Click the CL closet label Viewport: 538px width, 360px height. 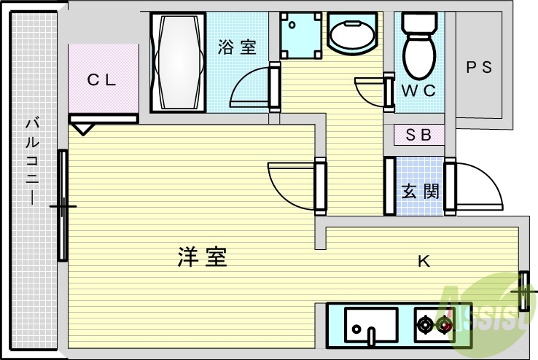(102, 81)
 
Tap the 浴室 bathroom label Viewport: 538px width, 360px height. (237, 47)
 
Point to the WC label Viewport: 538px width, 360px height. (418, 91)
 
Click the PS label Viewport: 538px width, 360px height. (479, 67)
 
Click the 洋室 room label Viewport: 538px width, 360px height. (202, 257)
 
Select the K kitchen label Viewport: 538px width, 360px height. (423, 261)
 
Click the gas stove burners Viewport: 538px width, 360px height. (434, 323)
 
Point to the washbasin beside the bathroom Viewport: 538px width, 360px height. (351, 33)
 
